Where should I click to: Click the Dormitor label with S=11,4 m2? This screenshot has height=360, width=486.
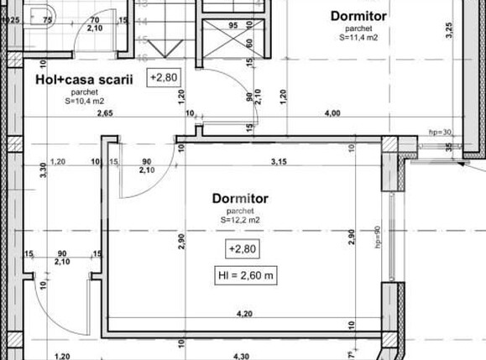coord(358,15)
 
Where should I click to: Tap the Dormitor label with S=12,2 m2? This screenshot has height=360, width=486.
coord(240,199)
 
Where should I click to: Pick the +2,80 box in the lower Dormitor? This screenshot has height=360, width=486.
coord(240,249)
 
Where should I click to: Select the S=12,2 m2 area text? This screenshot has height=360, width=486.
coord(240,220)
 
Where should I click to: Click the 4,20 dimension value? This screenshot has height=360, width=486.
coord(245,314)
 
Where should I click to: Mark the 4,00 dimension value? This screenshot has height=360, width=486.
coord(332,113)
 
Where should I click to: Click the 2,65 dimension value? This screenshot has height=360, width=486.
coord(105,113)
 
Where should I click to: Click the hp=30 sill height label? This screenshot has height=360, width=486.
coord(440,132)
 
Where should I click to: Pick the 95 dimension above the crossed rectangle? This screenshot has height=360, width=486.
coord(232,26)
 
